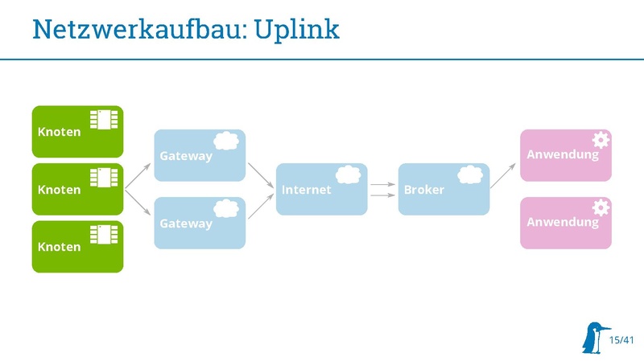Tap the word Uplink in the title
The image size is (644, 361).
pyautogui.click(x=296, y=30)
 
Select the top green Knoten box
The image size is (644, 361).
pyautogui.click(x=77, y=131)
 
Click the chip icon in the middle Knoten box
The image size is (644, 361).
pyautogui.click(x=105, y=178)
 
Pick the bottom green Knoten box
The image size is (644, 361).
pyautogui.click(x=77, y=247)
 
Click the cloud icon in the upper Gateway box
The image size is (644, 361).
pyautogui.click(x=226, y=140)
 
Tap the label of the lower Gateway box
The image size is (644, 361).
pyautogui.click(x=185, y=224)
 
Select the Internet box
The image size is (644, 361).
pyautogui.click(x=321, y=189)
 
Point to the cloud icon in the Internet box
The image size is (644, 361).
pyautogui.click(x=348, y=174)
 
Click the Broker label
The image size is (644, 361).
pyautogui.click(x=423, y=191)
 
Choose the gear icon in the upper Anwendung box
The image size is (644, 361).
pyautogui.click(x=601, y=139)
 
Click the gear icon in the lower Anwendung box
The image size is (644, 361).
pyautogui.click(x=601, y=207)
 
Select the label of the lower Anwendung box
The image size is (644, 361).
pyautogui.click(x=563, y=221)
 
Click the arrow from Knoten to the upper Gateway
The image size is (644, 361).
pyautogui.click(x=139, y=174)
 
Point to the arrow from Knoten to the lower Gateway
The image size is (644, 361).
pyautogui.click(x=139, y=203)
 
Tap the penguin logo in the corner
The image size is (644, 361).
pyautogui.click(x=595, y=338)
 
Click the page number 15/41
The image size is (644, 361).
pyautogui.click(x=622, y=341)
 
